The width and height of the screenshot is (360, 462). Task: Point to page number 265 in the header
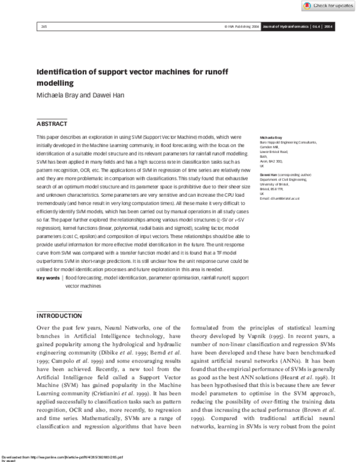point(44,26)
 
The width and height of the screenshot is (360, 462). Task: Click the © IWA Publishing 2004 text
point(242,26)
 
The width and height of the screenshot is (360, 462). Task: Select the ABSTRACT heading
point(52,124)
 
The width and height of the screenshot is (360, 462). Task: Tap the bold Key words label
point(49,278)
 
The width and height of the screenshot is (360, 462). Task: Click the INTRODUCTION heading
point(59,316)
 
